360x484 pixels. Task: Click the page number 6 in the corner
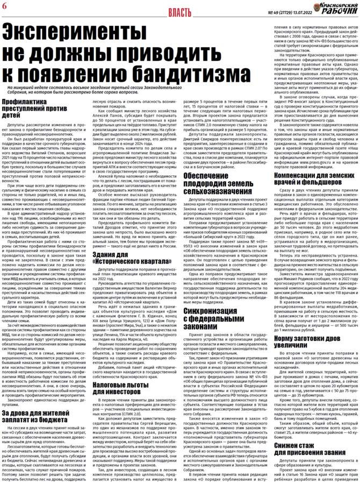click(5, 7)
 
